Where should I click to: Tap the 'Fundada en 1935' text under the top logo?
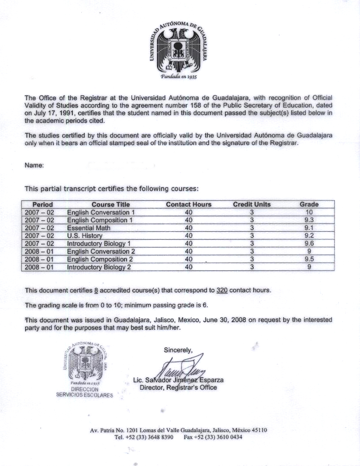point(180,76)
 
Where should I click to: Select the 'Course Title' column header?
point(111,204)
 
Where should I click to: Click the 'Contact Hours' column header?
point(188,204)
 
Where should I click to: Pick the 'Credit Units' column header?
point(251,204)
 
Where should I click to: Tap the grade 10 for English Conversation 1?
point(309,212)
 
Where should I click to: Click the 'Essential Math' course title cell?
point(89,228)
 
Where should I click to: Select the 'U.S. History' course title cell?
point(85,236)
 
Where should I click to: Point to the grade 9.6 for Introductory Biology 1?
point(309,244)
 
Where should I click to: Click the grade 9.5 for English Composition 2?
point(309,259)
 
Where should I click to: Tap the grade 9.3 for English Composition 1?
point(309,220)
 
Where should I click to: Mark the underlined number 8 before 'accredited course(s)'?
point(96,290)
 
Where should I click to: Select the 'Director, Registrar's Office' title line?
point(178,387)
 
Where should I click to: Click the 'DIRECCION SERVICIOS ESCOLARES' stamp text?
point(84,392)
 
